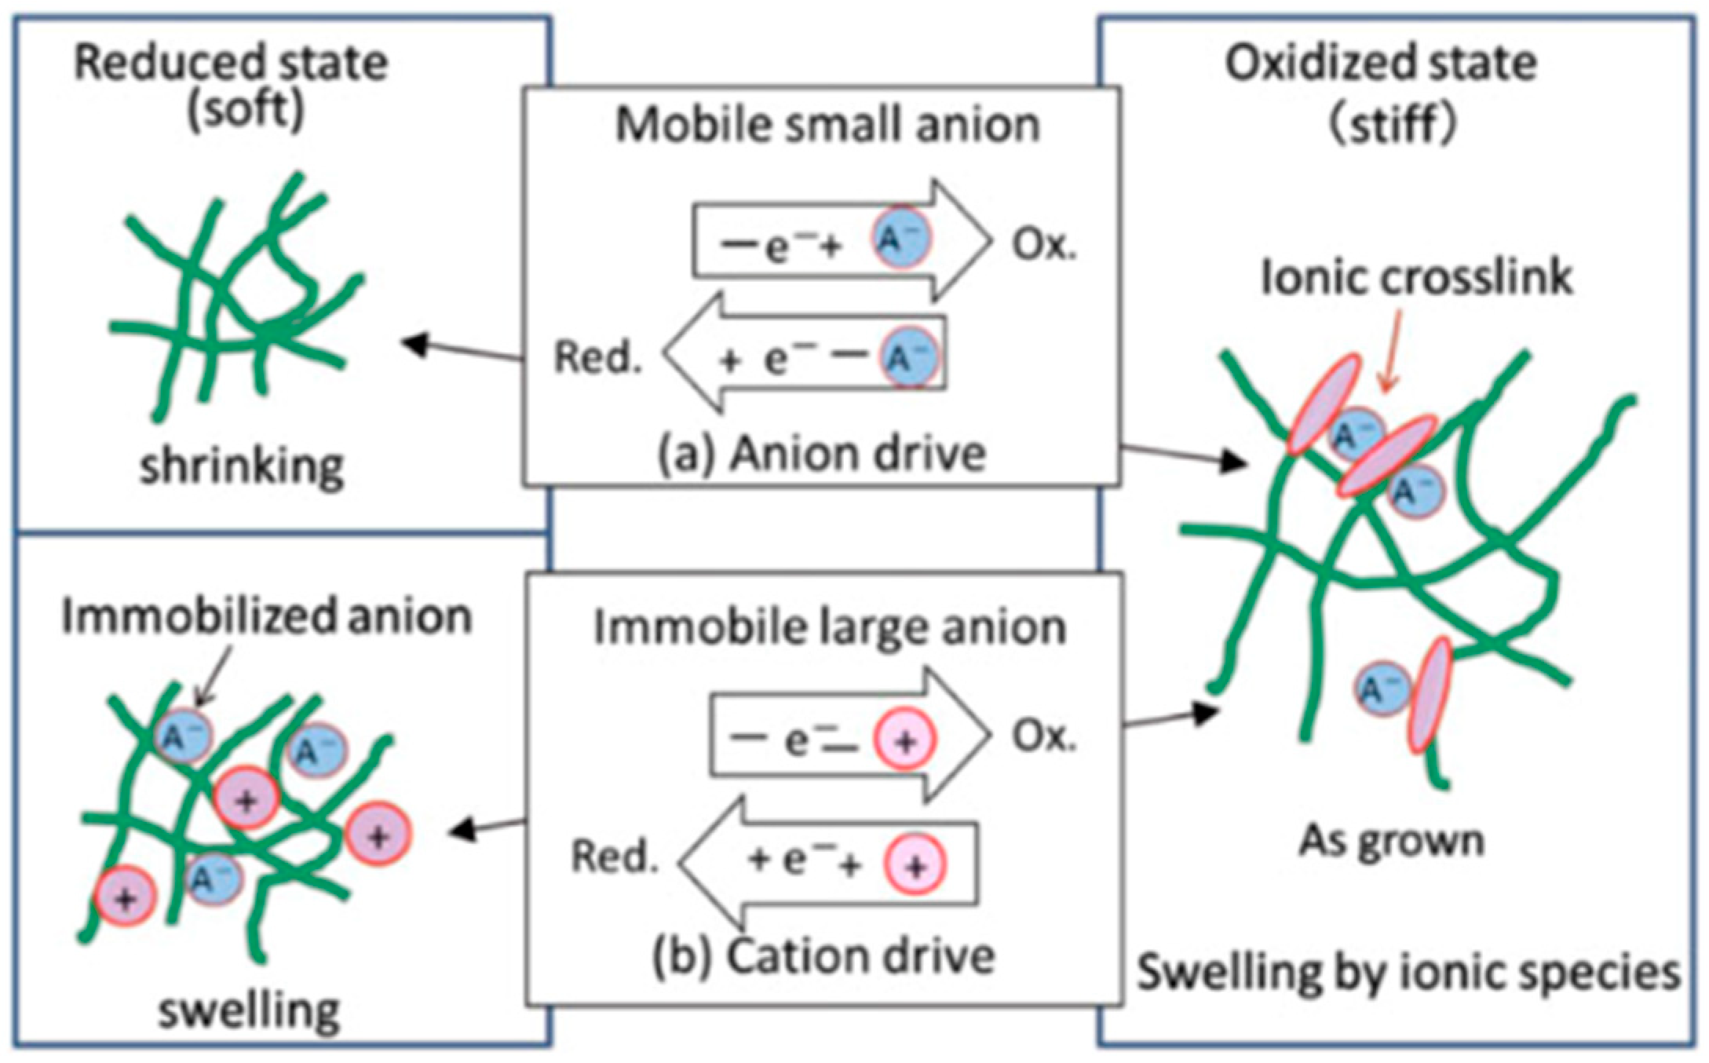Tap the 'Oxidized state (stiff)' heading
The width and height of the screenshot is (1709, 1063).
coord(1380,93)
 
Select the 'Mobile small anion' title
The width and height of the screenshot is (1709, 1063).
coord(827,125)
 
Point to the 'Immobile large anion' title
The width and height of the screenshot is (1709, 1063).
coord(829,627)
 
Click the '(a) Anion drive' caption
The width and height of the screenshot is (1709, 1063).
coord(821,455)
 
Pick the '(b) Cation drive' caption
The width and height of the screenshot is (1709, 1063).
coord(823,957)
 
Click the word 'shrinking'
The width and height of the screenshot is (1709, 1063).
coord(242,467)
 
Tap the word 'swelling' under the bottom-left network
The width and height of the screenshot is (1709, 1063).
coord(250,1010)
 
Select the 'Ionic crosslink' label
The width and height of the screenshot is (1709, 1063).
coord(1416,278)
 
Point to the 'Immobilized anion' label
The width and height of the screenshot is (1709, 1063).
coord(267,616)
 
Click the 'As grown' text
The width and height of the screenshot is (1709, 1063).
coord(1391,841)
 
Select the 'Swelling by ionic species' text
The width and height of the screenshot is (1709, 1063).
coord(1408,973)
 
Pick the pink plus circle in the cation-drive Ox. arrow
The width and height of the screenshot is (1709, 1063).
coord(906,740)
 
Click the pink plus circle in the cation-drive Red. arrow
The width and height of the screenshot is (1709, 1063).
coord(915,864)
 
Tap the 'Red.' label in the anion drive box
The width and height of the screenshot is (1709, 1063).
coord(598,357)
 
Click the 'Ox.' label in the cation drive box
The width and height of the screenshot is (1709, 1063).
coord(1043,736)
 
